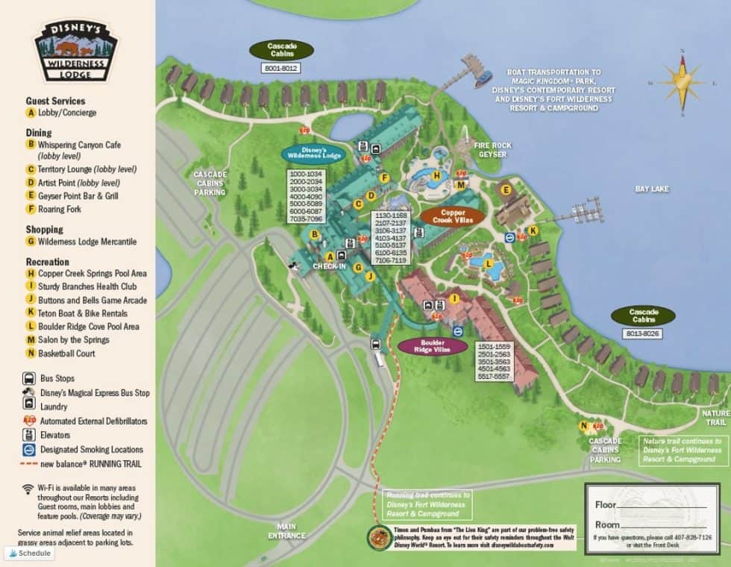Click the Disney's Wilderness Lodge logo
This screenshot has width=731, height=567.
(x=76, y=51)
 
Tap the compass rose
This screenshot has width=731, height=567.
(x=682, y=84)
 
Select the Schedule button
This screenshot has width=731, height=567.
(x=30, y=553)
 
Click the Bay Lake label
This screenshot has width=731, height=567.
(x=651, y=189)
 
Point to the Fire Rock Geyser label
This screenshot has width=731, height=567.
(x=492, y=150)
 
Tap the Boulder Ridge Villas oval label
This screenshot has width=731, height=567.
(x=433, y=346)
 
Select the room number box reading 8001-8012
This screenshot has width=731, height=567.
(x=280, y=68)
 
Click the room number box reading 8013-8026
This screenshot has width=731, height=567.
(x=642, y=333)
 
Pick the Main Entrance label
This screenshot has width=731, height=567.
(x=287, y=530)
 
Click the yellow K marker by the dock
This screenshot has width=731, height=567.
(x=533, y=231)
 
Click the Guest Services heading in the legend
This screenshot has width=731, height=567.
(x=55, y=101)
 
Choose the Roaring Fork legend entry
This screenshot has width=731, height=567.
(x=59, y=210)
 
